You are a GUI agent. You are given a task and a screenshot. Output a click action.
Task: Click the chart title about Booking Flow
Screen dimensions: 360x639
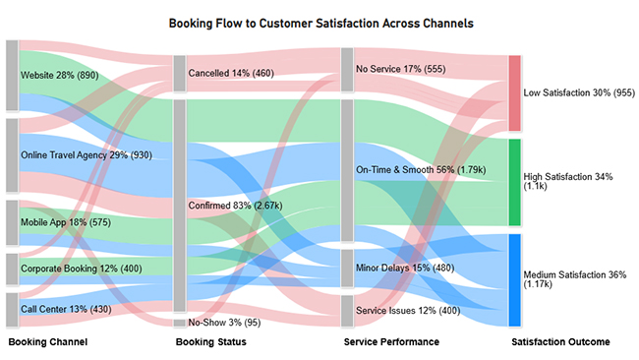pos(319,22)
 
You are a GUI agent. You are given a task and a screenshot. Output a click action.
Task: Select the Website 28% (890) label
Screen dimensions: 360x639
pos(60,75)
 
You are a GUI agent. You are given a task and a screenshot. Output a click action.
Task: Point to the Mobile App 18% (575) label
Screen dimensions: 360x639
pos(65,223)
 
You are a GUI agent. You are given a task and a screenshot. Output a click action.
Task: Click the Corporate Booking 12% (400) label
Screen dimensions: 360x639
pos(76,268)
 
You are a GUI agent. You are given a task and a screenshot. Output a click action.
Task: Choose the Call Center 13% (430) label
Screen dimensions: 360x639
pos(68,309)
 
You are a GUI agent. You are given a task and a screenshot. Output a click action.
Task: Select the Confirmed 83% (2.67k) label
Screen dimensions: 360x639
pos(238,206)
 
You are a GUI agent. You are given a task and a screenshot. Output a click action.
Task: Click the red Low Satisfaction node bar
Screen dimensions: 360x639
pos(514,93)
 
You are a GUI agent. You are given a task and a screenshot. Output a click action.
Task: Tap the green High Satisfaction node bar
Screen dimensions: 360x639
pos(514,183)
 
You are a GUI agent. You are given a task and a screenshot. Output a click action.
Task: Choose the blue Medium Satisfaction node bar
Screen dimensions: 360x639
pos(514,280)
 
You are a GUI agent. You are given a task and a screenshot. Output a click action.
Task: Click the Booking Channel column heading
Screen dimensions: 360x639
pos(48,342)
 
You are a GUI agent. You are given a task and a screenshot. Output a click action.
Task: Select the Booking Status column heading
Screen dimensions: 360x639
pos(211,342)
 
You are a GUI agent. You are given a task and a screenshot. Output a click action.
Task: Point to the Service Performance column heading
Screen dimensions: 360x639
pos(391,342)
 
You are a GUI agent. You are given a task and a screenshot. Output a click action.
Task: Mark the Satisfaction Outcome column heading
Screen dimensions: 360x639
pos(561,342)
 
